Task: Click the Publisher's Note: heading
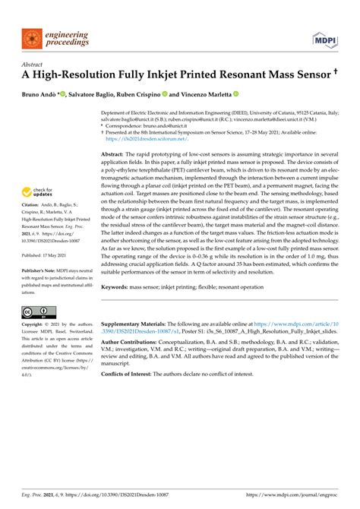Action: point(39,291)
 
